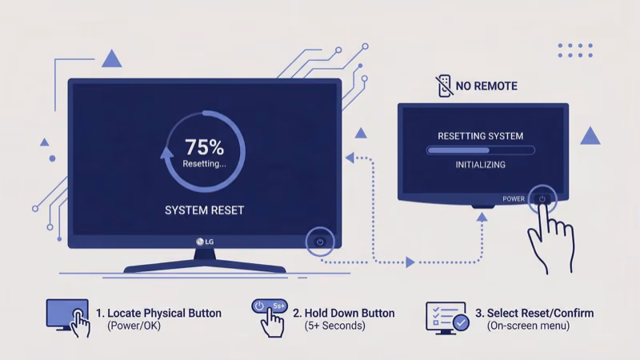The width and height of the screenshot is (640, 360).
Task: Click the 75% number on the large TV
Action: (x=204, y=147)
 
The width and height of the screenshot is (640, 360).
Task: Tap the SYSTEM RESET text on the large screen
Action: (x=204, y=210)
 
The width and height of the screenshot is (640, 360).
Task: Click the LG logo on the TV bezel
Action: (x=204, y=242)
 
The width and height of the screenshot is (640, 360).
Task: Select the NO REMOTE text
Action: (x=486, y=86)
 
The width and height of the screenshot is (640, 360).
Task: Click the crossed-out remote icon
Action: (x=442, y=86)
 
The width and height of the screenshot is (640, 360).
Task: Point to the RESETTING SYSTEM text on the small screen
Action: (x=480, y=136)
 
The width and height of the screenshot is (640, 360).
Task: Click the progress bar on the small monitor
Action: (x=480, y=150)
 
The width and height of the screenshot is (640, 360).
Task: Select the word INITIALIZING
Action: (x=480, y=165)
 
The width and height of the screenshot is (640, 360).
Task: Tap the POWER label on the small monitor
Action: (x=514, y=198)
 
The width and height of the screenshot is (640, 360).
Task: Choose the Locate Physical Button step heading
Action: (x=158, y=313)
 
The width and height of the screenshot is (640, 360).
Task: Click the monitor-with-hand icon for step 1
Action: (x=68, y=318)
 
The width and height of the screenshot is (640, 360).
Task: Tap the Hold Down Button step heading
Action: (x=344, y=313)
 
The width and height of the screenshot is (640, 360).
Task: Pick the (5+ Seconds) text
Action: (x=334, y=326)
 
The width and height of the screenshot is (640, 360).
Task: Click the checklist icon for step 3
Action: (x=446, y=318)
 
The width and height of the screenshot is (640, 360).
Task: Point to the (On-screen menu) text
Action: (x=528, y=326)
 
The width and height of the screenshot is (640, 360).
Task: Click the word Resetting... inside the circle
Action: (x=204, y=163)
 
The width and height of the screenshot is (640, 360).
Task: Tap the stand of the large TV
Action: (x=205, y=262)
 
